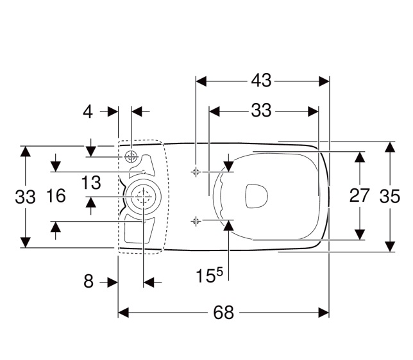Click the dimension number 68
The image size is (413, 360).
(x=223, y=313)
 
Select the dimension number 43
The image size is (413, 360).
(x=261, y=81)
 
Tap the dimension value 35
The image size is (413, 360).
(x=390, y=196)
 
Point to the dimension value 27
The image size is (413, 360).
(x=360, y=196)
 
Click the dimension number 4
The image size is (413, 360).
(x=88, y=112)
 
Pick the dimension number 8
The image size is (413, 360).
(x=88, y=281)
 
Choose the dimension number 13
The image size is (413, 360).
(x=91, y=183)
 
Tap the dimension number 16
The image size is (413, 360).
(x=56, y=196)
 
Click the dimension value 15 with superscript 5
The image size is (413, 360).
(x=209, y=275)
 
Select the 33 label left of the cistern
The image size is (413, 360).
(x=25, y=197)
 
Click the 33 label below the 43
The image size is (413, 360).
(x=261, y=111)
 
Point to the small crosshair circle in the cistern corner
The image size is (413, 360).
(x=131, y=157)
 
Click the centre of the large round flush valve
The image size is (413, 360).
(x=143, y=197)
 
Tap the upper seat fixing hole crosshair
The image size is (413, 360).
(x=196, y=172)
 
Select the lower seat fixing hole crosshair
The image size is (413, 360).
(x=196, y=221)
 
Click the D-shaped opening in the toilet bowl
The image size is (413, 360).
(x=257, y=196)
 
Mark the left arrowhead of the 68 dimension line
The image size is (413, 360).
(x=123, y=313)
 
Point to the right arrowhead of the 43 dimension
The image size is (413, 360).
(x=324, y=81)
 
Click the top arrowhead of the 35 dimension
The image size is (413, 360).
(x=390, y=147)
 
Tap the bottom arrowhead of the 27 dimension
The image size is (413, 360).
(x=360, y=234)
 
